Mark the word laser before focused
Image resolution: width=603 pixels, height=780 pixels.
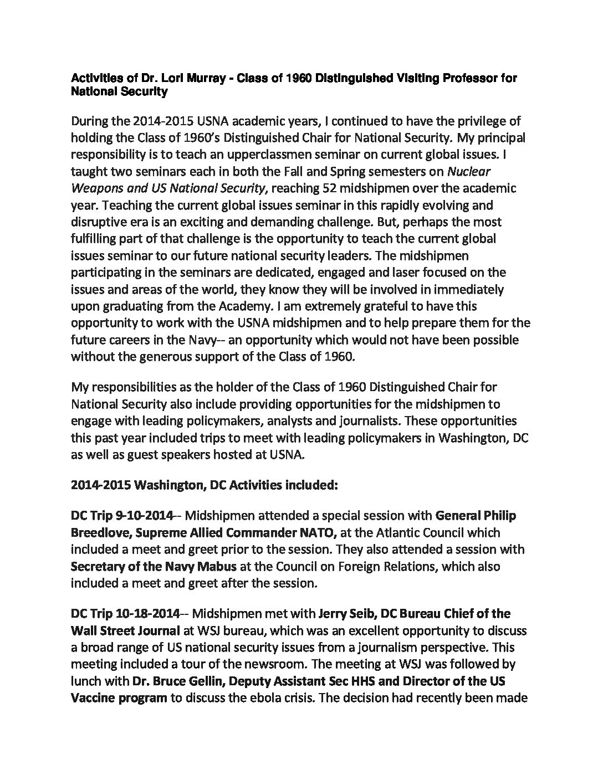point(397,273)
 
